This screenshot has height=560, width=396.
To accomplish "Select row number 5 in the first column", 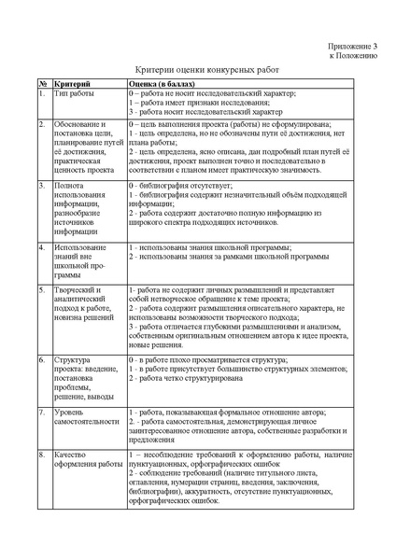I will tap(42, 292).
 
